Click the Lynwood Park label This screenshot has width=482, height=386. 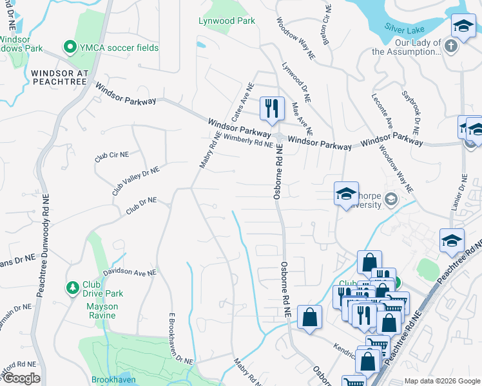pyautogui.click(x=226, y=21)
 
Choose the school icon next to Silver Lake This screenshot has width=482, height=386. pyautogui.click(x=463, y=26)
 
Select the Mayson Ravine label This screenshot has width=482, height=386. pyautogui.click(x=102, y=311)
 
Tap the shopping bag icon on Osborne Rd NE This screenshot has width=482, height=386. pyautogui.click(x=309, y=317)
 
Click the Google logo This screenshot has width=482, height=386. pyautogui.click(x=21, y=378)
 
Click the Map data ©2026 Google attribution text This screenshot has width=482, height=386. pyautogui.click(x=441, y=381)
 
